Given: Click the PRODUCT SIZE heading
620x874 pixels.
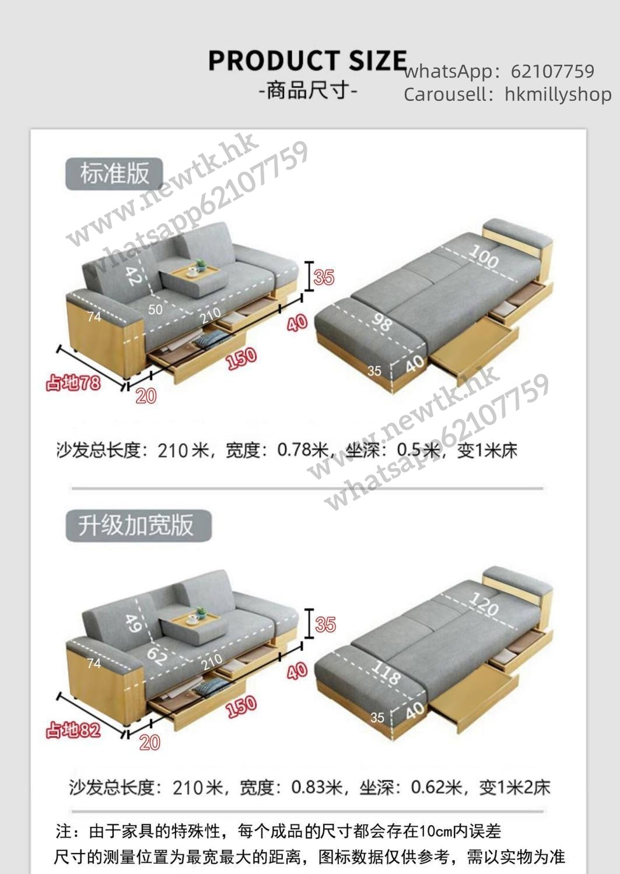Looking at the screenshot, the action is coord(307,61).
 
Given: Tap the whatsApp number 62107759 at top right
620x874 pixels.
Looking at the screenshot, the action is coord(552,71).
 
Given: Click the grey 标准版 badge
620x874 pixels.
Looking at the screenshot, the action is coord(114,174).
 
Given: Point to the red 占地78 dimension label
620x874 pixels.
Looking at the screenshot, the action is coord(73,382).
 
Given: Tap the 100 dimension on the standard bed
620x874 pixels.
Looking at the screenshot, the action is coord(484,256).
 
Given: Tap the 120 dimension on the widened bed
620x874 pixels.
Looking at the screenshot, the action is coord(484,603).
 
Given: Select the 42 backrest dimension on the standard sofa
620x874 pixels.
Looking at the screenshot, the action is coord(133,276).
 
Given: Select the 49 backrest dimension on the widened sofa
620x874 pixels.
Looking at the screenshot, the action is coord(133,623).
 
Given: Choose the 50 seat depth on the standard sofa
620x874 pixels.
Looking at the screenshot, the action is coord(155,310).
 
